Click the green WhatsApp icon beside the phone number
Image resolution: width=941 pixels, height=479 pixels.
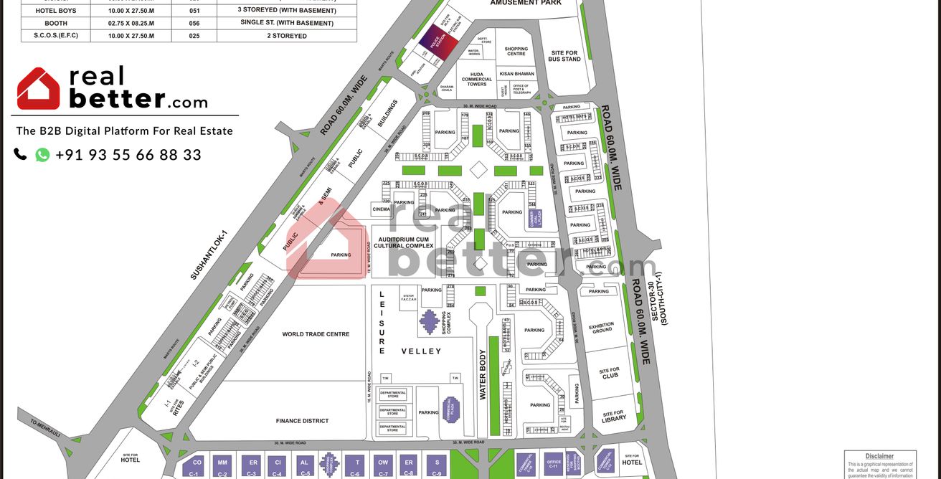pyautogui.click(x=42, y=155)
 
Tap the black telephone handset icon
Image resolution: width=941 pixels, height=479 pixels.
pyautogui.click(x=20, y=154)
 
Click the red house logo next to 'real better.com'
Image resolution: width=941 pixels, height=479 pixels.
pyautogui.click(x=39, y=89)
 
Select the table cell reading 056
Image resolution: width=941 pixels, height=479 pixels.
pyautogui.click(x=194, y=23)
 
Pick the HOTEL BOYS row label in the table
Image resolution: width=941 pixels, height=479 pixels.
pyautogui.click(x=55, y=11)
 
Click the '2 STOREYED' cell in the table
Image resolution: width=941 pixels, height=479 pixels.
pyautogui.click(x=286, y=36)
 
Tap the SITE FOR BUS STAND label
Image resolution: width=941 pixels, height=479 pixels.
pyautogui.click(x=564, y=56)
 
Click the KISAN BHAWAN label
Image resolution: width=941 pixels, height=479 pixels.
pyautogui.click(x=516, y=74)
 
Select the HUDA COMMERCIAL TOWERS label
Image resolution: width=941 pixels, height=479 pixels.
pyautogui.click(x=477, y=79)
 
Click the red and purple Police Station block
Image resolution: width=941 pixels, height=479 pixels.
pyautogui.click(x=438, y=42)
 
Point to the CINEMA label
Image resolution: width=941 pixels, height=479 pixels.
pyautogui.click(x=381, y=209)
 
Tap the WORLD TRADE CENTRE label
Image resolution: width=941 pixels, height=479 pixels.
pyautogui.click(x=316, y=334)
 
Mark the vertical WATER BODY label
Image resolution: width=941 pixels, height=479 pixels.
pyautogui.click(x=483, y=375)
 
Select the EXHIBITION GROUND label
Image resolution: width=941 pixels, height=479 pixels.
pyautogui.click(x=601, y=328)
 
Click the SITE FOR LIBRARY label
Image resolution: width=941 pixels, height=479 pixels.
pyautogui.click(x=613, y=416)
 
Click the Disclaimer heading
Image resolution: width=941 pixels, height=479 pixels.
pyautogui.click(x=879, y=456)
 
